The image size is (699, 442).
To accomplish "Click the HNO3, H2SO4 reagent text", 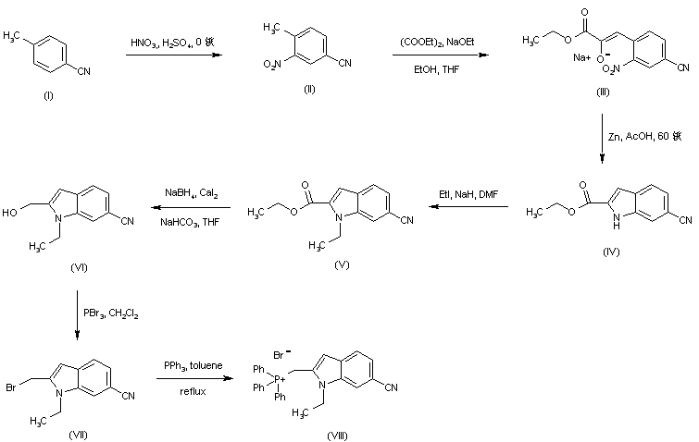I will pyautogui.click(x=175, y=43).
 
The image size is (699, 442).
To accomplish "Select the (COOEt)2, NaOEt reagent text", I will pyautogui.click(x=433, y=42).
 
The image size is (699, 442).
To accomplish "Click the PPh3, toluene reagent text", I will pyautogui.click(x=193, y=366).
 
